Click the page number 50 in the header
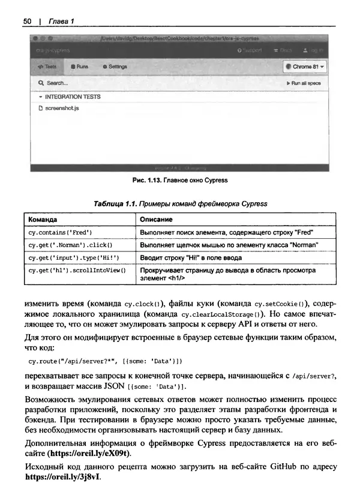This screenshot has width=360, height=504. (27, 22)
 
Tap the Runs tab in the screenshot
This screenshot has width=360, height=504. (79, 67)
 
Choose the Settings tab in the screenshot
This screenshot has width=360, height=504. (115, 67)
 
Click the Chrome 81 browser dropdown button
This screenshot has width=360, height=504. (305, 67)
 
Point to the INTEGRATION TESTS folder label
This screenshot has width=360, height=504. (72, 97)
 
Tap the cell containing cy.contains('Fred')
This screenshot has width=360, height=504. (60, 232)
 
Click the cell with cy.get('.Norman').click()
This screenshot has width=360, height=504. (70, 245)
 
